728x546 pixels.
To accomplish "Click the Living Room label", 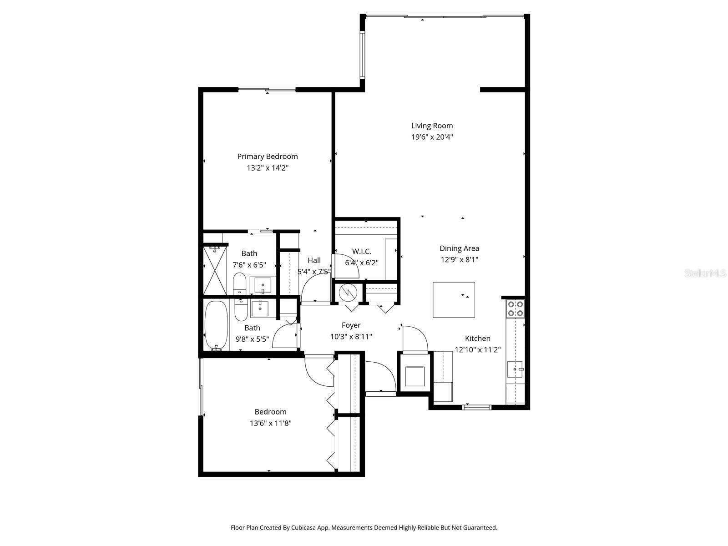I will tap(432, 126).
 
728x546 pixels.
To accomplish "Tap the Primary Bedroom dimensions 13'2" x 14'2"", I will tap(268, 168).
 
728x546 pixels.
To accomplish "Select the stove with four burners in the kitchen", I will tap(516, 309).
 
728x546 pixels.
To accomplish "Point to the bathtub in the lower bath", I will tap(216, 325).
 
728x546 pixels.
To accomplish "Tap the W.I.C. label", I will tap(361, 252).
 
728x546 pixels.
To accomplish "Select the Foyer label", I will tap(351, 325).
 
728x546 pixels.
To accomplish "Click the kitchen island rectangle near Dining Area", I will tap(454, 299).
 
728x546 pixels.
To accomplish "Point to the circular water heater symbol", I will tap(348, 293).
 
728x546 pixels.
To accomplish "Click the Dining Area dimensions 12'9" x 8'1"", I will tap(459, 260).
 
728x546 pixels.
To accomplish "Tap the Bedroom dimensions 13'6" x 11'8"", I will tap(270, 423).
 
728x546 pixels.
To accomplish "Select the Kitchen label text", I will tap(477, 339).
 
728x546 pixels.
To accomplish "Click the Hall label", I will tap(314, 261).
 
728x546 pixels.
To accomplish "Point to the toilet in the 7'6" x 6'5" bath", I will tap(239, 284).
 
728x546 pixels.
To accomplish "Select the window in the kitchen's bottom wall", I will tap(476, 407).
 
